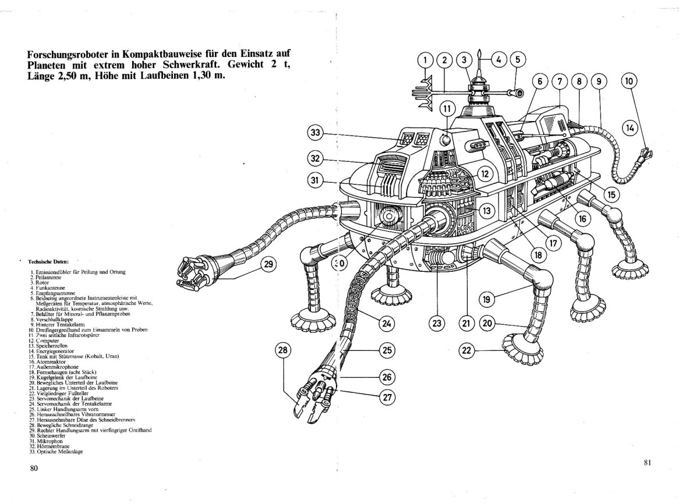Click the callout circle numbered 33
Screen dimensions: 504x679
coord(316,134)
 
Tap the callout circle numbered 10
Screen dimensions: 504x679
coord(630,82)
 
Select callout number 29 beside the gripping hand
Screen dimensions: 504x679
coord(268,264)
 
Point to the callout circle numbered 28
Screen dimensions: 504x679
coord(284,350)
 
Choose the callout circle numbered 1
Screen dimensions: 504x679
coord(426,59)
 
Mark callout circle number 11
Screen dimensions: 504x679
coord(447,108)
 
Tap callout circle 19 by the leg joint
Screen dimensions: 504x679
coord(487,300)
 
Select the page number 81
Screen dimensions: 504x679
coord(647,463)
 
